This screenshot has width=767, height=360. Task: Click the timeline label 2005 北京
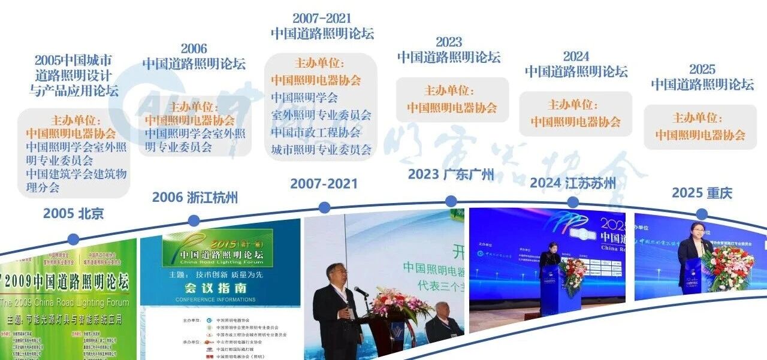[74, 213]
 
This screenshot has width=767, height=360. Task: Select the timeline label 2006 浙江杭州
[195, 197]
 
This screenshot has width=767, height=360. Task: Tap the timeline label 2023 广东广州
[451, 174]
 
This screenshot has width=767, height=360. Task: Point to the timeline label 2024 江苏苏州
[573, 183]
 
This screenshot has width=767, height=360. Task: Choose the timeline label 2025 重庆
[702, 193]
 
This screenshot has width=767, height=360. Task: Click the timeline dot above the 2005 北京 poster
[73, 240]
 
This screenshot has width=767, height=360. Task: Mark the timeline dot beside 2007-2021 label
[324, 208]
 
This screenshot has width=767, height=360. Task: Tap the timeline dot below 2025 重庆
[702, 214]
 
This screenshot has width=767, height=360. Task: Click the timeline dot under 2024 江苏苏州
[573, 202]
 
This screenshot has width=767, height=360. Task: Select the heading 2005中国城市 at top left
[73, 60]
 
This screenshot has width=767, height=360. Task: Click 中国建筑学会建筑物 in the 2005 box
[77, 174]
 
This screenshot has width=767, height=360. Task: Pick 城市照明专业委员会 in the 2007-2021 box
[321, 149]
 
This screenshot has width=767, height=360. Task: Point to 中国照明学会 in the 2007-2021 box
[304, 97]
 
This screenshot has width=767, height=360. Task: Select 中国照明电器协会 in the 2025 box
[700, 135]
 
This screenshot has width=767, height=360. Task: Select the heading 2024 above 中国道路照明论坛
[576, 56]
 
